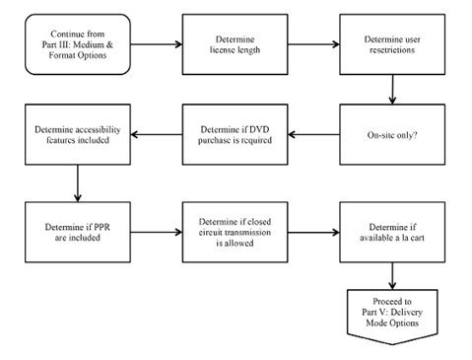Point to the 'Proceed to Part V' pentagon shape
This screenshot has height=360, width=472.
393,317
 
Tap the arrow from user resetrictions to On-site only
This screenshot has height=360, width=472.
393,90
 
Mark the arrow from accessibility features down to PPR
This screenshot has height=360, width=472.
76,181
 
